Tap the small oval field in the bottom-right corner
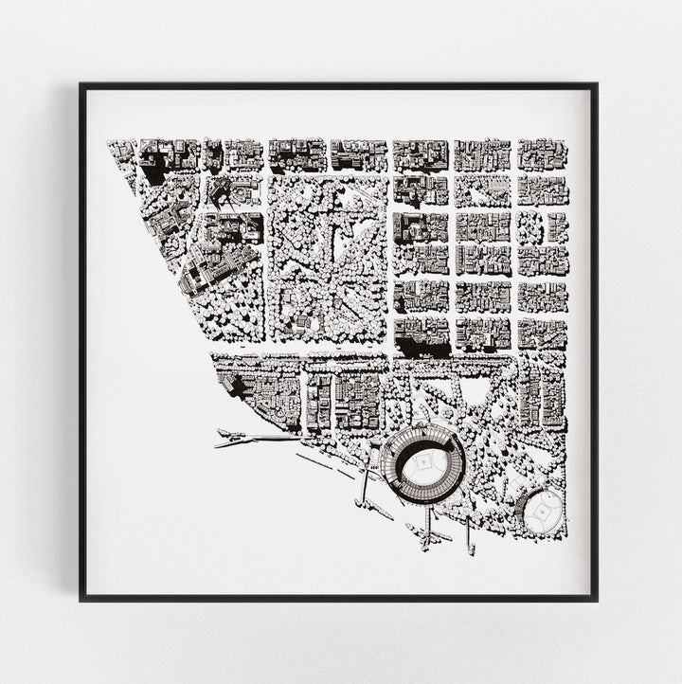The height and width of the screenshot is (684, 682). [544, 509]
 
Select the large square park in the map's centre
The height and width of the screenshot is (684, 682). [330, 258]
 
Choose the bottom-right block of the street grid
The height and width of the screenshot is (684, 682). [543, 333]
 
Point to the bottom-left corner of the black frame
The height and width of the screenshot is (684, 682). [82, 599]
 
